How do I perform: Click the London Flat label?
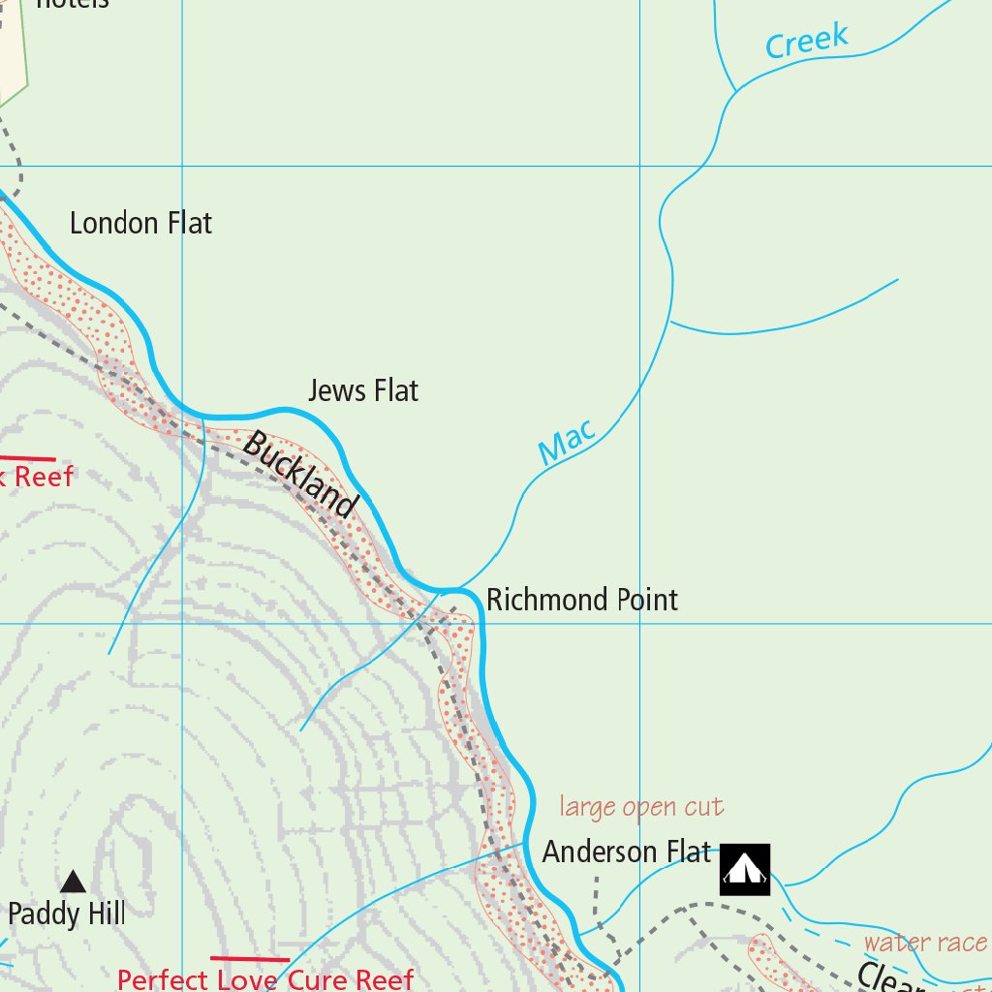pos(140,224)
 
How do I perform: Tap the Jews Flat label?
pos(363,391)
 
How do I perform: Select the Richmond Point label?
pos(581,600)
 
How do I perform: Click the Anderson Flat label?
pos(627,852)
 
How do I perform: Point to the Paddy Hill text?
pos(67,914)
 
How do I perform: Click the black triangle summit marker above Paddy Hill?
pos(73,882)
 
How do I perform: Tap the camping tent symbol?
pos(745,869)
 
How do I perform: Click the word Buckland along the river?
pos(300,474)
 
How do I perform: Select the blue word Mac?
pos(566,443)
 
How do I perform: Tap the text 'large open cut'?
pos(641,807)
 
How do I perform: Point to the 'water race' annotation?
pos(925,943)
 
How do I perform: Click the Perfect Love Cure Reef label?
pos(265,979)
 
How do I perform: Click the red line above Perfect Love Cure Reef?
pos(250,959)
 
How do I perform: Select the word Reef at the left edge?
pos(43,477)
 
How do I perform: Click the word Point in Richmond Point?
pos(647,600)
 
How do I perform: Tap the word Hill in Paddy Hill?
pos(107,914)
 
